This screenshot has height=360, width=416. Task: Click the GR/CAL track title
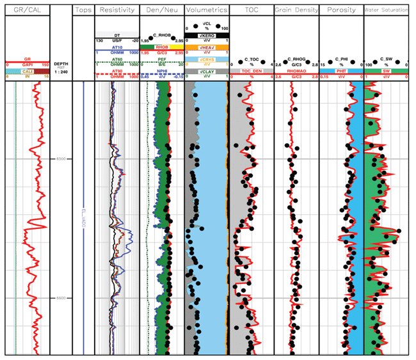coord(26,10)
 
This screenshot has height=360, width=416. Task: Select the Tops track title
coord(83,10)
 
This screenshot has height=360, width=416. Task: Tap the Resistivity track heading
coord(116,10)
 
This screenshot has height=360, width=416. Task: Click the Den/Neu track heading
coord(161,10)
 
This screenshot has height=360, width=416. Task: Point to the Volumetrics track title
coord(205,10)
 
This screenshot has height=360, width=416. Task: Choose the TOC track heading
coord(250,10)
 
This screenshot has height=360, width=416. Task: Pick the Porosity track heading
coord(340,10)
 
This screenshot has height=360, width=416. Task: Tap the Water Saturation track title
coord(386,10)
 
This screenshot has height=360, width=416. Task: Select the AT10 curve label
coord(116,47)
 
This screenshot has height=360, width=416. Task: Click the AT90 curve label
coord(116,70)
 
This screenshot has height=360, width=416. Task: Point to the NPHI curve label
coord(161,70)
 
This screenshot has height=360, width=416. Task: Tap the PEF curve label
coord(161,58)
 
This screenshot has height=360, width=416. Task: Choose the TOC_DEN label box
coord(250,70)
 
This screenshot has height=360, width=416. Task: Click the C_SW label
coord(386,58)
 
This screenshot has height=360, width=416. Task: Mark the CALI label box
coord(26,70)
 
